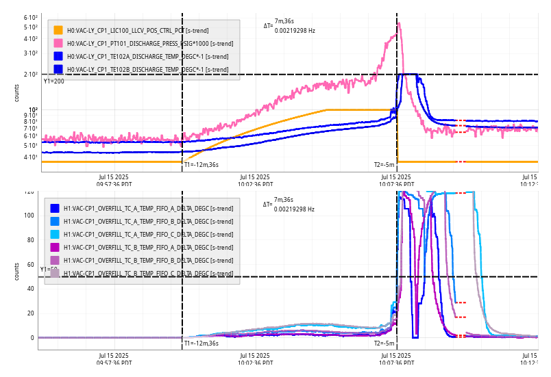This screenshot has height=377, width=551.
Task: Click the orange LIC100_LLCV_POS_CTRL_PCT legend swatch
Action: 58,30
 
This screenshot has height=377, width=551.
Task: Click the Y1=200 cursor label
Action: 53,81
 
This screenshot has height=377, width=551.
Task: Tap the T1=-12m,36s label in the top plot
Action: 201,164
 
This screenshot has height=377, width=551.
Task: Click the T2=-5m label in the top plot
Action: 384,164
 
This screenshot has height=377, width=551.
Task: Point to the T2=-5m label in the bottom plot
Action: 384,343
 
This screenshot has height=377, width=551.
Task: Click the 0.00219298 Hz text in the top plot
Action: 295,31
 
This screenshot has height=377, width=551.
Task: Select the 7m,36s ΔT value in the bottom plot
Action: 284,200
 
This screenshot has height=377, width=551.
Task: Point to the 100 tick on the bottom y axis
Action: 29,216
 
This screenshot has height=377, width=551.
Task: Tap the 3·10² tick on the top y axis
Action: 29,53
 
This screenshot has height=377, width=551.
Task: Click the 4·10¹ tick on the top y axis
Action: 29,157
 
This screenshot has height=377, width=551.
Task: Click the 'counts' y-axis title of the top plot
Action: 17,94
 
